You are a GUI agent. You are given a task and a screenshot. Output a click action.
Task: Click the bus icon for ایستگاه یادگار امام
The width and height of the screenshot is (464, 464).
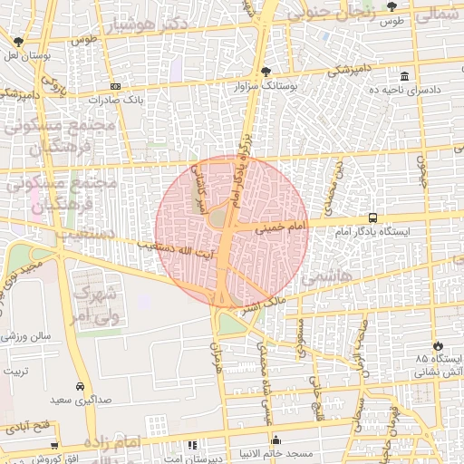(373, 218)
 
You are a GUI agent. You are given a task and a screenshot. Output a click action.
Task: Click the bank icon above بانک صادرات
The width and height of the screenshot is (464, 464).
(115, 86)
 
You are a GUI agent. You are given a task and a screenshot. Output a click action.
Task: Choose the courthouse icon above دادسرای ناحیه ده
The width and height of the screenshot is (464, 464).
(403, 78)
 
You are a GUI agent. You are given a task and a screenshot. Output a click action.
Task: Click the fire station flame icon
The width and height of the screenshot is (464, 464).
(439, 345)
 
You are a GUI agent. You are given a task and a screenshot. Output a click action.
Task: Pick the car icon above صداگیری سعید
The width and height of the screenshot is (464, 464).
(81, 385)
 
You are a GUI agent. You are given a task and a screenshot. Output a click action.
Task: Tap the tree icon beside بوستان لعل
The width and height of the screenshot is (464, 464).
(18, 41)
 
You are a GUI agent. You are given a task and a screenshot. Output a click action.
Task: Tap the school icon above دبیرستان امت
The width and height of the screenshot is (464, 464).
(192, 446)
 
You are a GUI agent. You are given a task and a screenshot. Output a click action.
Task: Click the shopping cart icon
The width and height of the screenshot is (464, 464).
(54, 446)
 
